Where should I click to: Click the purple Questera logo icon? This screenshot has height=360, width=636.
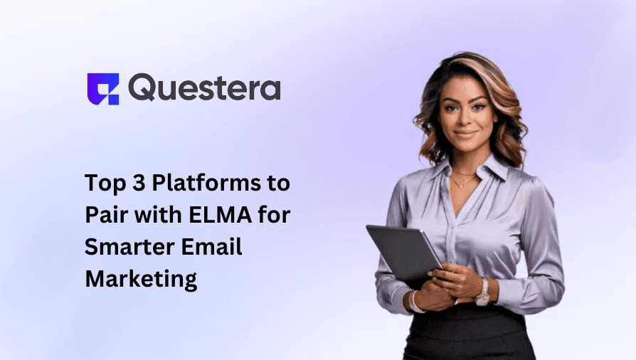[102, 89]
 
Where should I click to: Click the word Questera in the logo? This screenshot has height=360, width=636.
[205, 88]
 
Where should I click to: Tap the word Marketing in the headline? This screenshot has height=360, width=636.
[141, 277]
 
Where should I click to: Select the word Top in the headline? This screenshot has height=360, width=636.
[103, 183]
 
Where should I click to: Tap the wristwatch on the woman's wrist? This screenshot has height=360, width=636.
[484, 292]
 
